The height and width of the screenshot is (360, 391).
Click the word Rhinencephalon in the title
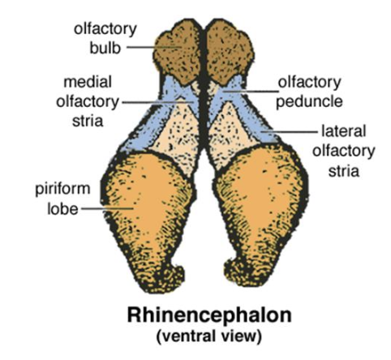(209, 315)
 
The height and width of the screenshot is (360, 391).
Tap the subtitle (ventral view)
(209, 336)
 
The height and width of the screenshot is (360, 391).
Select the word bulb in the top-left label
(105, 48)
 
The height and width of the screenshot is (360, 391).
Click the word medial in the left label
(88, 82)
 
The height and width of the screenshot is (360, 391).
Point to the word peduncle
(309, 102)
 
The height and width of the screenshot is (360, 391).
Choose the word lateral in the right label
(343, 131)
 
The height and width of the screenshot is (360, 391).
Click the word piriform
(62, 189)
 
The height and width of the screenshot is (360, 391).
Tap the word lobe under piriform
(62, 209)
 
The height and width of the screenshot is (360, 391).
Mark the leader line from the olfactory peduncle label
(251, 92)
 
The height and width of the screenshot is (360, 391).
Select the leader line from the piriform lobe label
(108, 208)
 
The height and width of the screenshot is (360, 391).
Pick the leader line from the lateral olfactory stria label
(290, 132)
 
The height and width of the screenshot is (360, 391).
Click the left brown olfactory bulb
(177, 53)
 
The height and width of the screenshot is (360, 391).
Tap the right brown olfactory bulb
(230, 53)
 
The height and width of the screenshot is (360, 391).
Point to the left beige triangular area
(178, 135)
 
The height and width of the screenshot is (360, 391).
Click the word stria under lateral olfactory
(344, 171)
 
